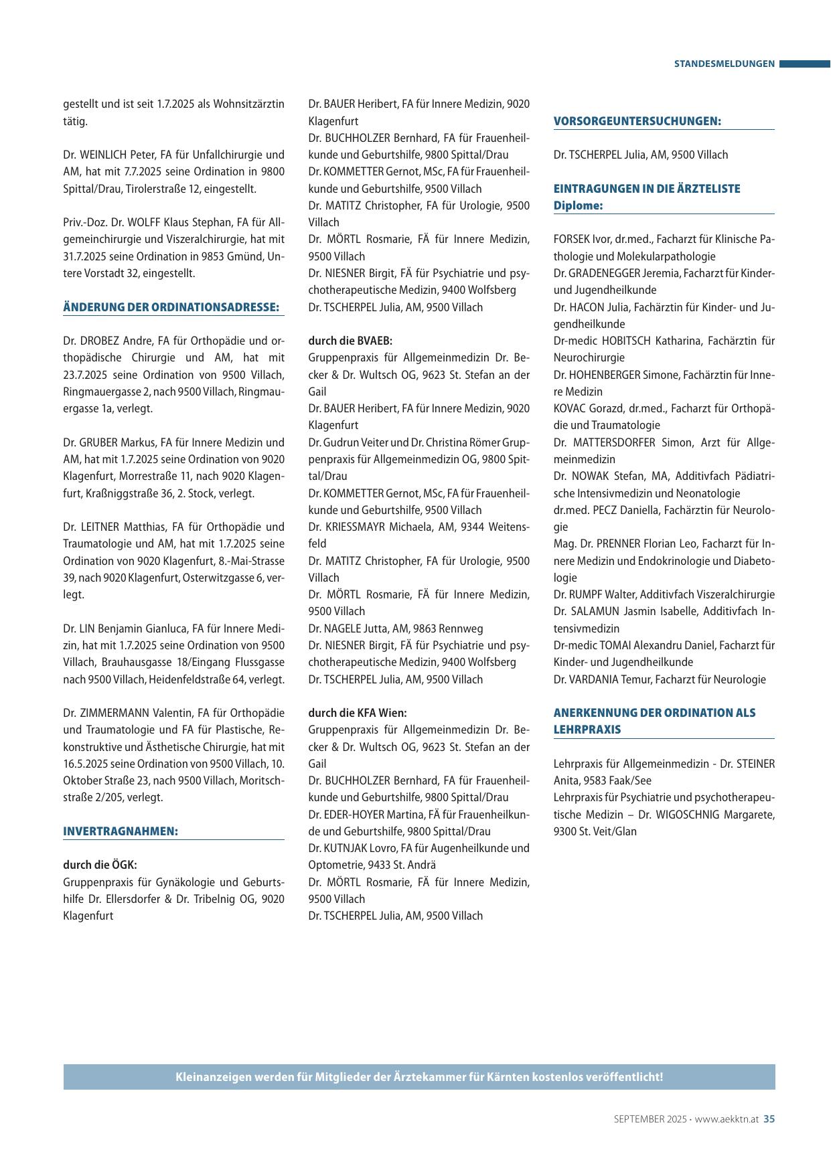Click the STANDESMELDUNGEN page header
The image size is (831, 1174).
point(724,64)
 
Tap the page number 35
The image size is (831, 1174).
point(769,1118)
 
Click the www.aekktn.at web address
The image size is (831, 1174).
point(726,1118)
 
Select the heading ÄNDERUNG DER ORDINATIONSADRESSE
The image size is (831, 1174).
point(171,307)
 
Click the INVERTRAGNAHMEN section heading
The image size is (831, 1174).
point(121,831)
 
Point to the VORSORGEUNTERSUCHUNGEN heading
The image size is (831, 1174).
point(637,121)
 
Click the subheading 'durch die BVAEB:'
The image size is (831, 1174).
point(350,341)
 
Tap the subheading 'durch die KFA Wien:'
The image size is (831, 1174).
point(358,713)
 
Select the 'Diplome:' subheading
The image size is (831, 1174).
point(578,205)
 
